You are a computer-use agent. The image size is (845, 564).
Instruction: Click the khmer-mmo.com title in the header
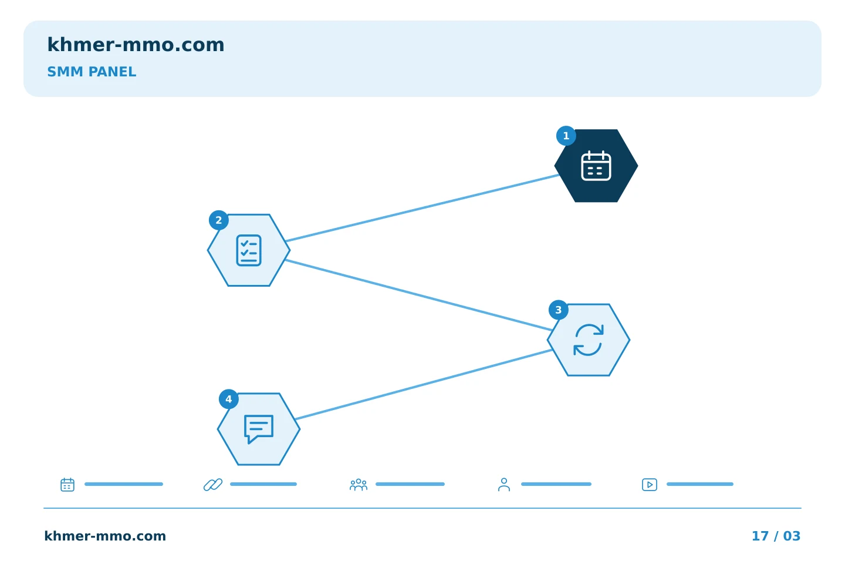pyautogui.click(x=136, y=45)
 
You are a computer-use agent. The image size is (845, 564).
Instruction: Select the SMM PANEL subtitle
pyautogui.click(x=92, y=72)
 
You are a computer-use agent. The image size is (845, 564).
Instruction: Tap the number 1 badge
pyautogui.click(x=566, y=136)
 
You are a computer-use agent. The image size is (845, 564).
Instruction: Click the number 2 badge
pyautogui.click(x=218, y=220)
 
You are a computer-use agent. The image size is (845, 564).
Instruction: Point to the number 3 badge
pyautogui.click(x=558, y=310)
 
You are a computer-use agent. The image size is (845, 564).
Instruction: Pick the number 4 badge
pyautogui.click(x=229, y=399)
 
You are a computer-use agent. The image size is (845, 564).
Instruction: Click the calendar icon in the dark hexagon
pyautogui.click(x=596, y=166)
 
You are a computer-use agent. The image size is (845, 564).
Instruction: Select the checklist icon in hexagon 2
pyautogui.click(x=249, y=250)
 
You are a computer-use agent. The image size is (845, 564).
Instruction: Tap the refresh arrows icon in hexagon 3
pyautogui.click(x=589, y=340)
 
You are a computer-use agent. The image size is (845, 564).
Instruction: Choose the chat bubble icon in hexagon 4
pyautogui.click(x=259, y=429)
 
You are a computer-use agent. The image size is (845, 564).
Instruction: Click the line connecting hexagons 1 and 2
pyautogui.click(x=422, y=208)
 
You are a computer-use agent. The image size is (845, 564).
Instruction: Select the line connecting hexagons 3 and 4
pyautogui.click(x=424, y=385)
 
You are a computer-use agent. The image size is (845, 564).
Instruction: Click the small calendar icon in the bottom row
pyautogui.click(x=67, y=485)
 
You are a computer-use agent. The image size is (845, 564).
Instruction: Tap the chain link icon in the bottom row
pyautogui.click(x=213, y=485)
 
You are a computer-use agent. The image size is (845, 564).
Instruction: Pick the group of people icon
pyautogui.click(x=359, y=485)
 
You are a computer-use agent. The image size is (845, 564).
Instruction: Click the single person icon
pyautogui.click(x=504, y=485)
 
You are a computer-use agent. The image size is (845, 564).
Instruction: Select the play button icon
pyautogui.click(x=650, y=485)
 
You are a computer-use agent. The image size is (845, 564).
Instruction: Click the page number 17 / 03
pyautogui.click(x=776, y=536)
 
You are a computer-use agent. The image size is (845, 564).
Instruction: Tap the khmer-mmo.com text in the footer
pyautogui.click(x=105, y=536)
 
